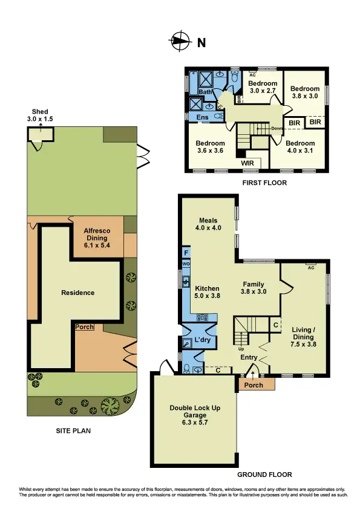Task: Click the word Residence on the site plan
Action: pos(78,293)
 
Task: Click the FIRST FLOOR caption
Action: pos(264,182)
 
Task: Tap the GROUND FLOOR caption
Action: pos(264,475)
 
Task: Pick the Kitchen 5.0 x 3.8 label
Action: pos(206,293)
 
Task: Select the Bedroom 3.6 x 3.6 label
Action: pos(210,147)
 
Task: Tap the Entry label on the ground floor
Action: pos(249,358)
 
